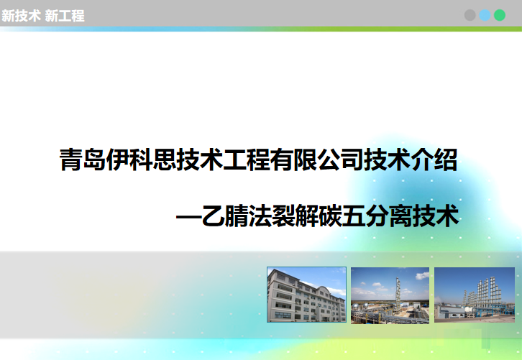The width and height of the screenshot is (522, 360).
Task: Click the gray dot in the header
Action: (470, 15)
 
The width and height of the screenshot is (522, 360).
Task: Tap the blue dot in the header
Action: (485, 15)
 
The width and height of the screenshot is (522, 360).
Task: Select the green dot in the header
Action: (500, 15)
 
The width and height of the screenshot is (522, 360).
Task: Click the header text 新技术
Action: (21, 16)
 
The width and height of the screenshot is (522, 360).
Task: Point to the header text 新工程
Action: (65, 16)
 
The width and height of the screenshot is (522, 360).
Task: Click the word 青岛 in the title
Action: (83, 160)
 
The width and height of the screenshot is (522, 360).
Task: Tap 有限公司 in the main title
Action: (316, 160)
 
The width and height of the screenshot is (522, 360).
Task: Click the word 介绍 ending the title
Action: (434, 160)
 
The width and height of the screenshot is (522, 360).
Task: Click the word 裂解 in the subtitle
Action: (295, 216)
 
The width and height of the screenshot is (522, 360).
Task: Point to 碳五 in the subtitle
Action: (342, 216)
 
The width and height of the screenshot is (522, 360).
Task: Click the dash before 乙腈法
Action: (188, 218)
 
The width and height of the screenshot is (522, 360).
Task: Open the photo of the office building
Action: (306, 295)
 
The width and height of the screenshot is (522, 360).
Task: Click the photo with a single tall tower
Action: (390, 295)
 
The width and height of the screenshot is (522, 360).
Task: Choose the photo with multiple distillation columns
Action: (475, 295)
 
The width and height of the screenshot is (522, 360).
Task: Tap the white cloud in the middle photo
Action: (422, 275)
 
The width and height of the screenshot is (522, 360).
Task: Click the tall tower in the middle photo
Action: (398, 293)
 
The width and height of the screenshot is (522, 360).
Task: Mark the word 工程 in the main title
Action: (246, 160)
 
